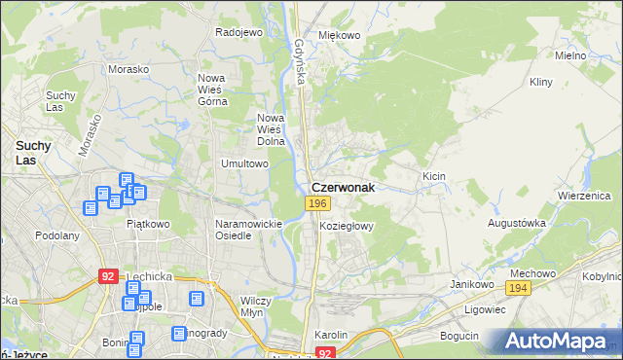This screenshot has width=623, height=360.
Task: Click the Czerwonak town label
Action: (343, 186)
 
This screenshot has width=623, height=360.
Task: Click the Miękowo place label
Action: (340, 35)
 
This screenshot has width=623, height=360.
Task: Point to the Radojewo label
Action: (239, 32)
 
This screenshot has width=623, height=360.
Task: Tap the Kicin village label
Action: (433, 176)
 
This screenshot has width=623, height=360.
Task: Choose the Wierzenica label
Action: (582, 195)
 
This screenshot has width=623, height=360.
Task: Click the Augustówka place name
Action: (516, 223)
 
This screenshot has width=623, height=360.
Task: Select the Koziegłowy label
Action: (347, 225)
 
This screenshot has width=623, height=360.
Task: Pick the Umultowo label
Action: (244, 163)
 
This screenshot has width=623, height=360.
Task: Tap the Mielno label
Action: (570, 55)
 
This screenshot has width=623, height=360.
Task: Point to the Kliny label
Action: (541, 83)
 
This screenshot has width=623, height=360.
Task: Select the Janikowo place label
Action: (468, 283)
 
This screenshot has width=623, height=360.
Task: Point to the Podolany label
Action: (56, 234)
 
